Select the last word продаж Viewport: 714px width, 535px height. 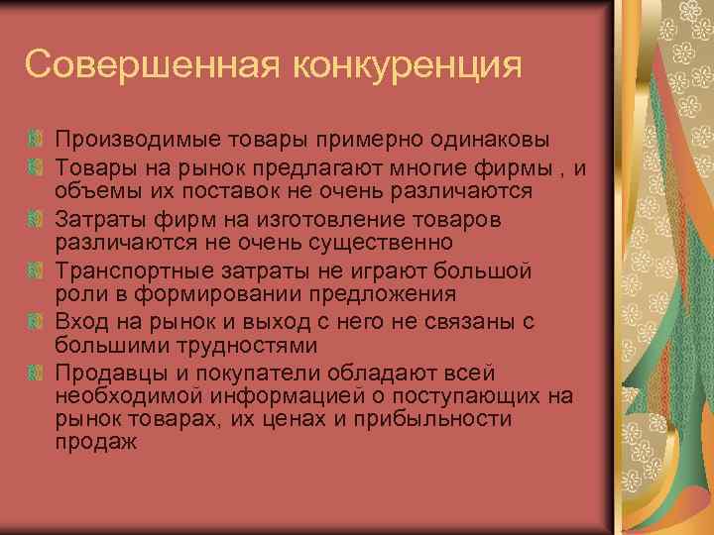tap(96, 443)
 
